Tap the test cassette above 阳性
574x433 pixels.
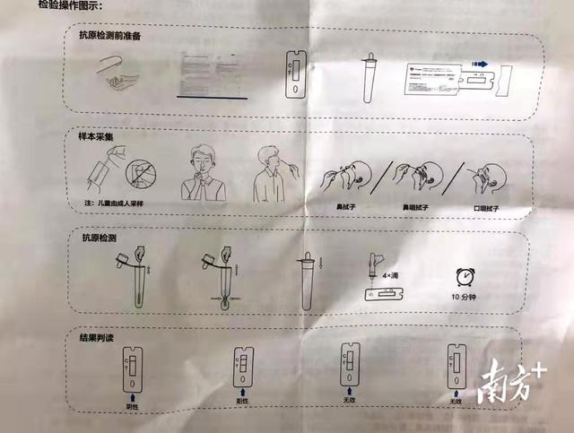[x=241, y=368]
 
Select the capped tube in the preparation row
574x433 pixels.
[x=369, y=75]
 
